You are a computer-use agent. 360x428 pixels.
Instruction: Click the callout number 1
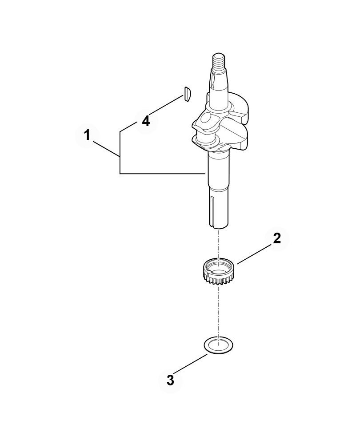pyautogui.click(x=87, y=135)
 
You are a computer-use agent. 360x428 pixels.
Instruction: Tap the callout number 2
pyautogui.click(x=277, y=238)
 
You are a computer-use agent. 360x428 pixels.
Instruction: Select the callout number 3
pyautogui.click(x=170, y=380)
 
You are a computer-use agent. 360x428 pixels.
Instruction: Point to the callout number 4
pyautogui.click(x=146, y=121)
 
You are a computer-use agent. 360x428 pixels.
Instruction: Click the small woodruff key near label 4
pyautogui.click(x=187, y=94)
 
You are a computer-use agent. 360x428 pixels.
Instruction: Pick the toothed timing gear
pyautogui.click(x=218, y=271)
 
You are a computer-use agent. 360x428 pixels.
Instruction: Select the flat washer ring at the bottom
pyautogui.click(x=219, y=345)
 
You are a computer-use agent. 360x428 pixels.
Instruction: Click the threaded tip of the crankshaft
pyautogui.click(x=219, y=60)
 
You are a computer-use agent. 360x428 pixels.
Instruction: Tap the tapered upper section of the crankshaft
pyautogui.click(x=219, y=82)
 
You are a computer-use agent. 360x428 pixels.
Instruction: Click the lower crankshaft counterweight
pyautogui.click(x=232, y=136)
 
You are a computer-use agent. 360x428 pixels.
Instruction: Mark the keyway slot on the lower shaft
pyautogui.click(x=212, y=210)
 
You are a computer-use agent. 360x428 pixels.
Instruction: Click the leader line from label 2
pyautogui.click(x=254, y=254)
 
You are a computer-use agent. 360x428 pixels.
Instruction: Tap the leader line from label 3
pyautogui.click(x=190, y=364)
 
